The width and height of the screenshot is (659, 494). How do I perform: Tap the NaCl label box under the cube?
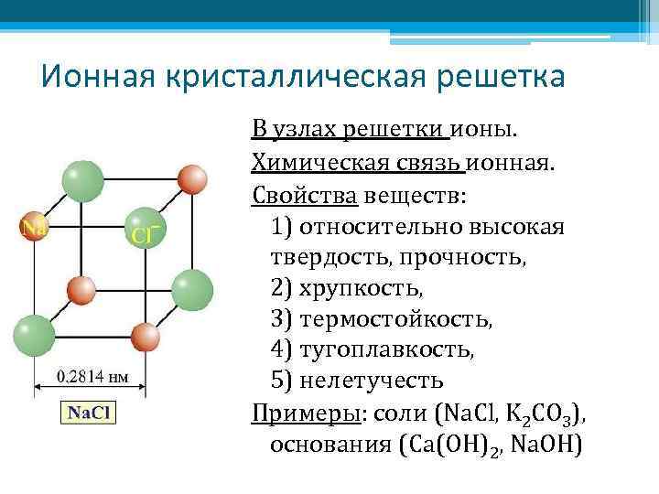[88, 413]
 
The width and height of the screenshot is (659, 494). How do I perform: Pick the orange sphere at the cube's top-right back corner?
[192, 179]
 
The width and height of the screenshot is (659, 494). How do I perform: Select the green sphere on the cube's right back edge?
[192, 289]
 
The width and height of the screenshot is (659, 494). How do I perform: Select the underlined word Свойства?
[305, 195]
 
